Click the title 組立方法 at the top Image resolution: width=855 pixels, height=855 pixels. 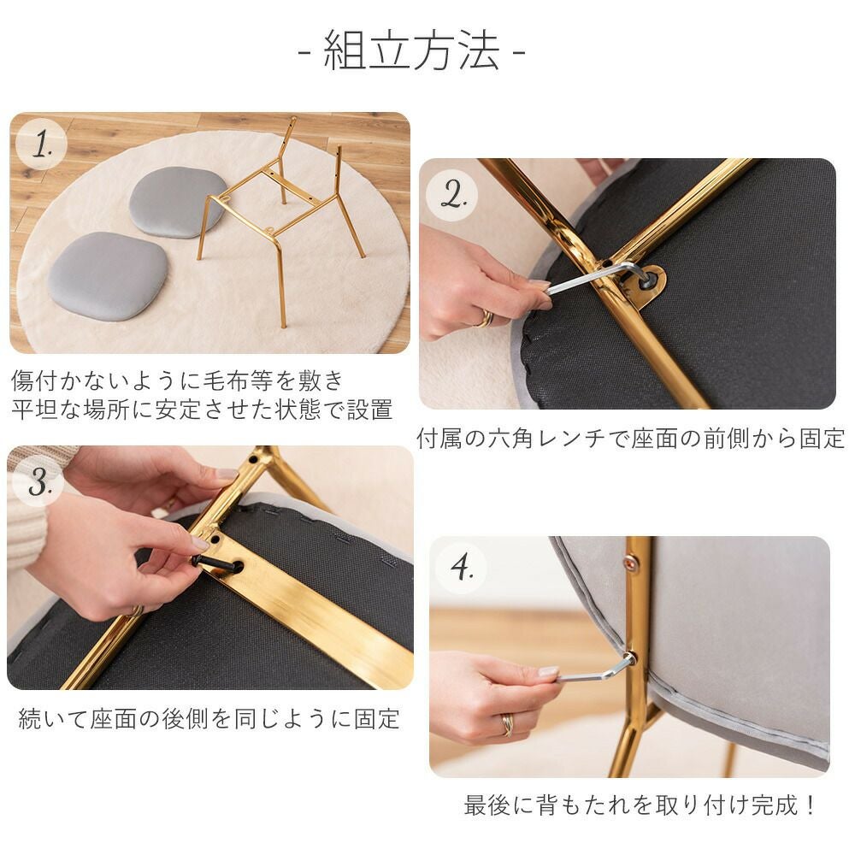[412, 50]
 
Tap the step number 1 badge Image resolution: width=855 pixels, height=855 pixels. [41, 144]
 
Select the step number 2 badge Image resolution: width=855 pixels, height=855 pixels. [452, 195]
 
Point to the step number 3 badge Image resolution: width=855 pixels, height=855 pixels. [38, 481]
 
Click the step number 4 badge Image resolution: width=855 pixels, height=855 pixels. [462, 568]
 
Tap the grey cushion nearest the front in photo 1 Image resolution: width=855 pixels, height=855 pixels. [108, 275]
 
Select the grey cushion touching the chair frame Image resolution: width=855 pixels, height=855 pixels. [177, 202]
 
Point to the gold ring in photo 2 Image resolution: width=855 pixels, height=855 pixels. [485, 318]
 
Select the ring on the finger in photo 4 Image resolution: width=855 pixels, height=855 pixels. [507, 725]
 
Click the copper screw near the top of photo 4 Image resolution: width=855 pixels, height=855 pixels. [632, 561]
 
